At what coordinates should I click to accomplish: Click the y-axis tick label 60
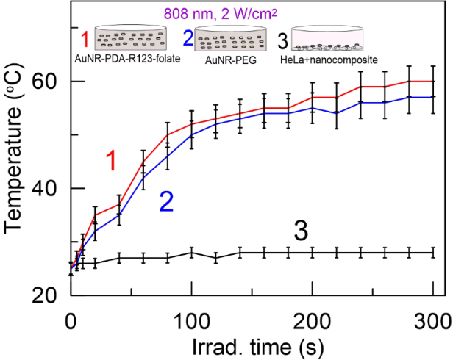[x=49, y=82]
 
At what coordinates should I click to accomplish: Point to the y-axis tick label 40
[x=49, y=189]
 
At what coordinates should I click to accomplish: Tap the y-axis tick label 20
[x=49, y=295]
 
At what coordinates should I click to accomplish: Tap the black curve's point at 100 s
[x=192, y=253]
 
